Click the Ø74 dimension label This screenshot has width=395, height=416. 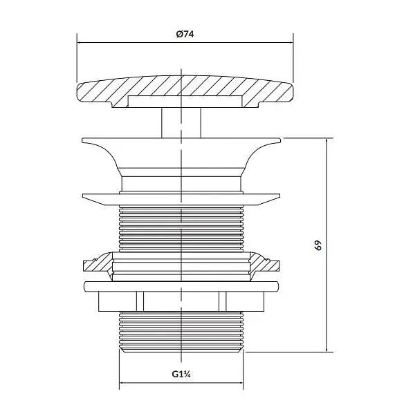[185, 35]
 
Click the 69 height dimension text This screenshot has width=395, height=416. [318, 245]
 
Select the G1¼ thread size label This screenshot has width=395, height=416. [181, 375]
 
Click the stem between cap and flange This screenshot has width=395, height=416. [181, 123]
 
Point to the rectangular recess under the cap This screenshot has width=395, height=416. [185, 102]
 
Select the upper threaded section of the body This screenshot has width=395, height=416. [181, 228]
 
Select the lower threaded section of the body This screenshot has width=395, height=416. [181, 332]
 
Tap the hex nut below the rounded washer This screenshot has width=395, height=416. [181, 301]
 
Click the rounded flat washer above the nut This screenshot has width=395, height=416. [181, 287]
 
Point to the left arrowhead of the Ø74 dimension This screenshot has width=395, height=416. [79, 42]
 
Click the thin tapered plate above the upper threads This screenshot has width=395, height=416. [181, 199]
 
